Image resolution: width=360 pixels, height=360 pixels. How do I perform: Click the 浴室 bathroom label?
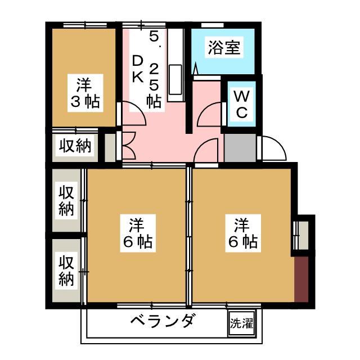[224, 47]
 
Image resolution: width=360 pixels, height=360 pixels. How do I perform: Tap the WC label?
[242, 104]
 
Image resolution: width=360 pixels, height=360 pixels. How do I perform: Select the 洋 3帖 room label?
[85, 93]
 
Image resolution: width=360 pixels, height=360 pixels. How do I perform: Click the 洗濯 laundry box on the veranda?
[241, 323]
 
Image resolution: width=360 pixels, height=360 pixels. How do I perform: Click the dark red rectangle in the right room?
[301, 279]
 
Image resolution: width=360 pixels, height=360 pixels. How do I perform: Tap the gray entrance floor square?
[240, 148]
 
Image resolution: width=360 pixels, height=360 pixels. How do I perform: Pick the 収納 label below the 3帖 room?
[75, 146]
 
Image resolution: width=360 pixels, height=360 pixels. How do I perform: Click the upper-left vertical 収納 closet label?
[66, 201]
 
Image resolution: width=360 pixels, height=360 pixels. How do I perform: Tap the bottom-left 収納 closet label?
[66, 271]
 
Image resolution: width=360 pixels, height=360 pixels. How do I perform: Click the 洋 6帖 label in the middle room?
[137, 233]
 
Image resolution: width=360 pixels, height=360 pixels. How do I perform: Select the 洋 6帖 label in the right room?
[242, 233]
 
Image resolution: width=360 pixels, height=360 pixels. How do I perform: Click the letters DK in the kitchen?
[138, 69]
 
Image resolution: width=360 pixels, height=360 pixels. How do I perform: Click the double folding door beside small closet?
[129, 146]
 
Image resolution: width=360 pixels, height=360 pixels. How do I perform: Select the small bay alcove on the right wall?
[303, 235]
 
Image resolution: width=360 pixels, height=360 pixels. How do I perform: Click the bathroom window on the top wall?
[213, 25]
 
